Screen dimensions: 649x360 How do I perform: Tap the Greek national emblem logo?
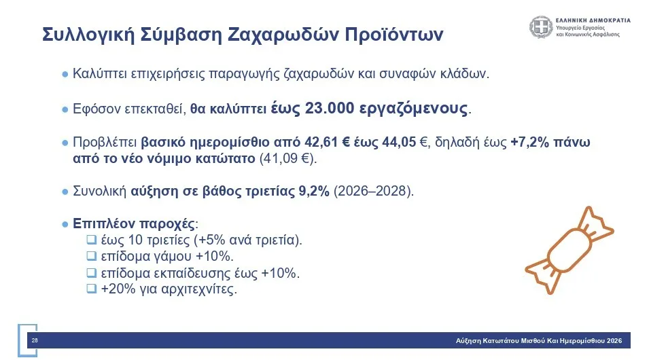[541, 27]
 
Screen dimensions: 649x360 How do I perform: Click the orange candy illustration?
[569, 251]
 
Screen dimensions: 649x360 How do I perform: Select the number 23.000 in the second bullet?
[330, 109]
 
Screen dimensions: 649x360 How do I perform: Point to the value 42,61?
[321, 143]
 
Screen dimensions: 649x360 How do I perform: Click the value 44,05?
[399, 143]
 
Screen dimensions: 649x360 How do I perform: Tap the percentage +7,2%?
[530, 143]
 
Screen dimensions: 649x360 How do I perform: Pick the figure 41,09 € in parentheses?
[287, 158]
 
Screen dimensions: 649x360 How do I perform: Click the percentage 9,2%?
[314, 191]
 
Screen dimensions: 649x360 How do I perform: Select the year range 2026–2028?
[371, 191]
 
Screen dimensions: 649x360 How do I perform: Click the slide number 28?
[35, 340]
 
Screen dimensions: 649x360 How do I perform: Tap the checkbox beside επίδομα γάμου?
[92, 256]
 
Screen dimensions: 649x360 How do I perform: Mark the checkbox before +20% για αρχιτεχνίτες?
[92, 289]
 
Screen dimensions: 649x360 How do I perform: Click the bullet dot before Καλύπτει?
[65, 75]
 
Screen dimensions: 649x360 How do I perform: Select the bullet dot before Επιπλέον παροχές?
[65, 225]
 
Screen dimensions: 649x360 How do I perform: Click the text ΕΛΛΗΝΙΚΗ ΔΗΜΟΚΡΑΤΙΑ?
[593, 20]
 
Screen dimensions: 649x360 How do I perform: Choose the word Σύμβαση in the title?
[181, 35]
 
